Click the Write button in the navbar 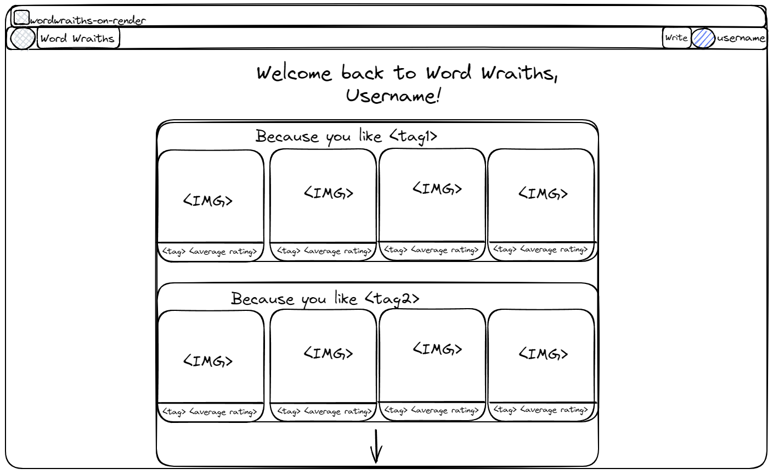[676, 38]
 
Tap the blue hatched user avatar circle [703, 38]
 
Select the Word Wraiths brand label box [78, 38]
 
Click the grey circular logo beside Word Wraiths [22, 38]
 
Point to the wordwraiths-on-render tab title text [88, 21]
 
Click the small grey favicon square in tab [21, 18]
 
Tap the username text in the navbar [741, 38]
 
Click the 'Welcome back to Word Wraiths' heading [407, 73]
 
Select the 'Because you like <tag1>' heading [346, 136]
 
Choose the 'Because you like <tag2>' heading [325, 298]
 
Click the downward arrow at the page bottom [376, 446]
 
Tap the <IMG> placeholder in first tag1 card [208, 200]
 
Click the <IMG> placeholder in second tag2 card [328, 353]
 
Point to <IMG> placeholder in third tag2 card [437, 349]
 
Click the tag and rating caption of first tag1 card [210, 252]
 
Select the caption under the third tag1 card [431, 250]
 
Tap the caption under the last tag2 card [540, 410]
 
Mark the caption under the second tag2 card [324, 411]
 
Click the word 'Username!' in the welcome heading [393, 96]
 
